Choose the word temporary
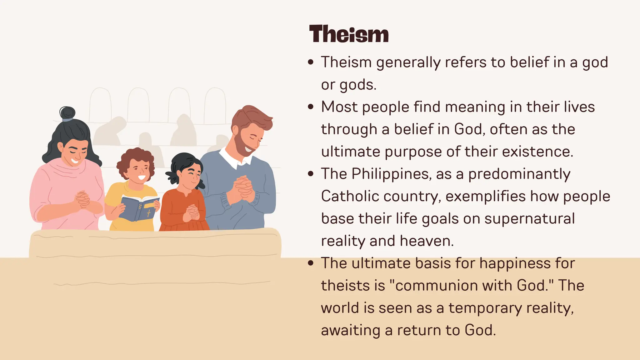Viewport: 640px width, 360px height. coord(485,308)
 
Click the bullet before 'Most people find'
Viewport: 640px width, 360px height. coord(310,107)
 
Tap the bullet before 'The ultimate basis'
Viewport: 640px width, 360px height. coord(310,263)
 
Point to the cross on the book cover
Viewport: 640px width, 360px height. coord(149,213)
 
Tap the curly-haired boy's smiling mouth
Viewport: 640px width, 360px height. coord(142,178)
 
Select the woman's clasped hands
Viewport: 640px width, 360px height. coord(82,199)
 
